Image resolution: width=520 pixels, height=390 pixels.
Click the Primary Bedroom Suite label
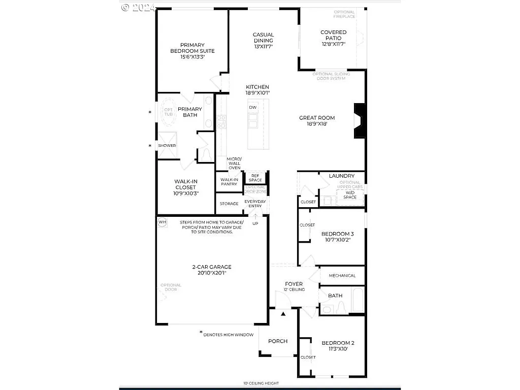[192, 47]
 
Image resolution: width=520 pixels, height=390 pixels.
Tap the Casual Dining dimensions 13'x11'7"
[264, 47]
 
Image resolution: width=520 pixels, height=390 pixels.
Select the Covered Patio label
[333, 35]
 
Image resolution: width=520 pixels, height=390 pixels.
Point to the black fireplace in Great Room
[360, 120]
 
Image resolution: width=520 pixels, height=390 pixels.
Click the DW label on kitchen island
[252, 108]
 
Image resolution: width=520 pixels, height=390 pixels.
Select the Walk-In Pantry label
[229, 182]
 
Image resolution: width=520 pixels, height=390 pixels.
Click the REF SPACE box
[255, 178]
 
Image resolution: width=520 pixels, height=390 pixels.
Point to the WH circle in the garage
[162, 222]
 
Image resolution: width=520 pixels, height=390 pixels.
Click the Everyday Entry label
[255, 204]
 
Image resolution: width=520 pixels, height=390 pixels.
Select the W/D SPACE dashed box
[350, 194]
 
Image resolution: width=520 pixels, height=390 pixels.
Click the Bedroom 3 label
[337, 234]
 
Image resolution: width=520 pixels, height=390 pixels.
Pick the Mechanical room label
[342, 276]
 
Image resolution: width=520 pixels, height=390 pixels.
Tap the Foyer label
[294, 284]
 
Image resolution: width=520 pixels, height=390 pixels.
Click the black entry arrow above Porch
[283, 314]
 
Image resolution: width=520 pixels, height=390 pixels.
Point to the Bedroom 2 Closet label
[308, 357]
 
